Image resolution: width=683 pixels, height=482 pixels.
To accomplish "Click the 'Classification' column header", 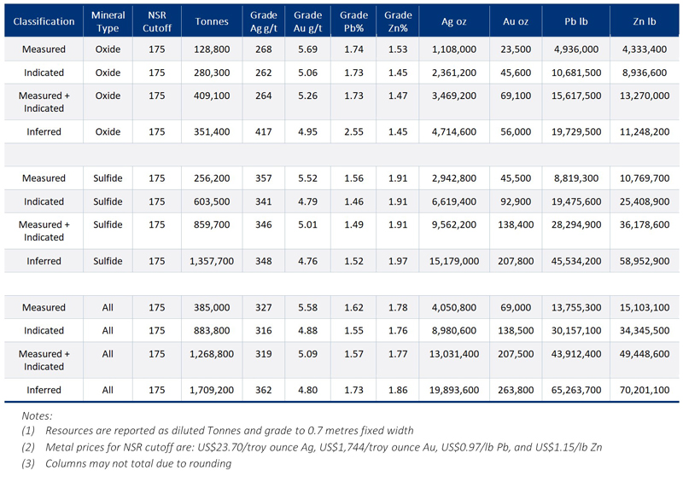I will [x=44, y=21].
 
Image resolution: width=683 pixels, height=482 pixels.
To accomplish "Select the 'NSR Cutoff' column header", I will [x=156, y=21].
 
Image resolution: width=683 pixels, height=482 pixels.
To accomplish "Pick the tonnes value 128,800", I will [x=211, y=49].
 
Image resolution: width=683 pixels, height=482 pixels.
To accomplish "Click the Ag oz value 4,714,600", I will [x=452, y=132].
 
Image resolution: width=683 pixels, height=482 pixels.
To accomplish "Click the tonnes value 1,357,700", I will [x=211, y=261].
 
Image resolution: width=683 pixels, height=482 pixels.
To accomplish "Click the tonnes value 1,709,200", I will [x=211, y=390].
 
